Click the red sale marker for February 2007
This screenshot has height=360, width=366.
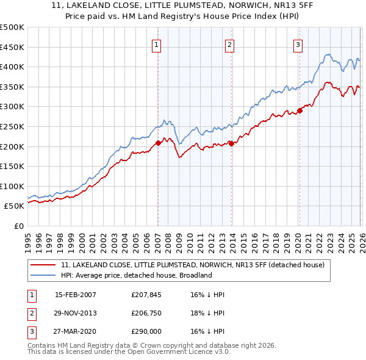tap(158, 143)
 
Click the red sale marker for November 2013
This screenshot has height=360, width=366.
tap(232, 143)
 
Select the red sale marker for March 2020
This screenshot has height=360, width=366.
tap(300, 110)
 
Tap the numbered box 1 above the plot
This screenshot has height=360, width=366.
tap(157, 44)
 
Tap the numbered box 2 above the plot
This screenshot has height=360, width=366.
tap(229, 44)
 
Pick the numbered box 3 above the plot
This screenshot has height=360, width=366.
tap(298, 44)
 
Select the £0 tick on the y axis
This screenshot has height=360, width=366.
tap(18, 226)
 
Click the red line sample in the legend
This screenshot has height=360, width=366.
tap(43, 265)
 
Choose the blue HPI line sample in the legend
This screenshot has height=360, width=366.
tap(43, 275)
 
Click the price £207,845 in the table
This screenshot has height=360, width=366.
tap(146, 295)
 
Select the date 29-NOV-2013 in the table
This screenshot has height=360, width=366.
tap(75, 314)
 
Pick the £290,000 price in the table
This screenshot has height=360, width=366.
tap(146, 333)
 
